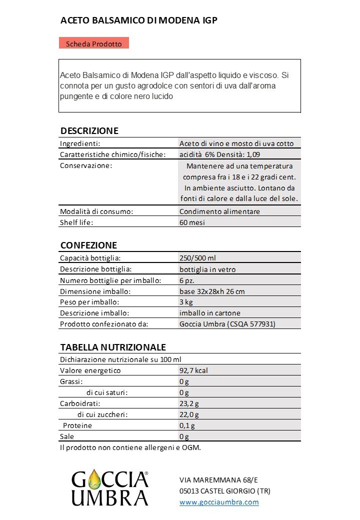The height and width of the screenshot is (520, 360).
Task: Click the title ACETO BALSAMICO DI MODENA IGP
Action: [x=139, y=20]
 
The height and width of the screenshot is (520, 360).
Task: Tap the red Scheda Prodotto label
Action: [x=93, y=43]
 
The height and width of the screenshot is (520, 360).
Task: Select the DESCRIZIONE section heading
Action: [x=89, y=131]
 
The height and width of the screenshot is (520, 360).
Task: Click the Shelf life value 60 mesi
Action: [x=192, y=222]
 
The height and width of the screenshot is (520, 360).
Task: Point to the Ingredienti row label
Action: [x=80, y=143]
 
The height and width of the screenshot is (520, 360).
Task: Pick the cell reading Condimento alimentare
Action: [x=219, y=211]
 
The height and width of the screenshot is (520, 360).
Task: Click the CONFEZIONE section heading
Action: [x=88, y=245]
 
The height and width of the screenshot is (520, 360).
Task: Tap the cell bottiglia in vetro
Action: [x=207, y=269]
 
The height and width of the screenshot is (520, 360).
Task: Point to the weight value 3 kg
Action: [x=186, y=302]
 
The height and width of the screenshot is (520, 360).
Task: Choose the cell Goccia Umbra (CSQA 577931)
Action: [x=227, y=324]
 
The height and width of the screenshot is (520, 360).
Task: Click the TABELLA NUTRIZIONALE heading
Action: [x=113, y=347]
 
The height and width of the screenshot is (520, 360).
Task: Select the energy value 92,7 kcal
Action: [x=193, y=370]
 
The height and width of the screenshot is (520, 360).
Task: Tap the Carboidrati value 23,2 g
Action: [x=189, y=403]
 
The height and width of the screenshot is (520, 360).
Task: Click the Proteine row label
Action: [x=77, y=425]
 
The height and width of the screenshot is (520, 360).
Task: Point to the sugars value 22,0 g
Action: [x=189, y=414]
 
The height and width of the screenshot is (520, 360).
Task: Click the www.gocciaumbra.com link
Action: [x=219, y=502]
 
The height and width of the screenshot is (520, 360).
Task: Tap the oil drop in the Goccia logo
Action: [x=94, y=481]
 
